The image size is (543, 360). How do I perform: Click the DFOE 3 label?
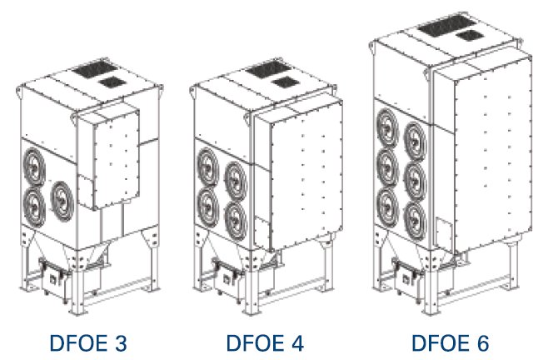pyautogui.click(x=88, y=343)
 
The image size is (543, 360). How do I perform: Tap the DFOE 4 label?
pyautogui.click(x=265, y=343)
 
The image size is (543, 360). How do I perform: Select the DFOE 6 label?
pyautogui.click(x=451, y=343)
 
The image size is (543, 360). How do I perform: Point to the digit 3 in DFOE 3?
pyautogui.click(x=121, y=343)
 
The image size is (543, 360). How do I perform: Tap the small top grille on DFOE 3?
pyautogui.click(x=112, y=82)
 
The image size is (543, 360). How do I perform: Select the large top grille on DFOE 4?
pyautogui.click(x=269, y=70)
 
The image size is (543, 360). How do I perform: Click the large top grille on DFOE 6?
pyautogui.click(x=446, y=25)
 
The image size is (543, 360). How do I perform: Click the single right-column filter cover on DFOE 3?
pyautogui.click(x=62, y=202)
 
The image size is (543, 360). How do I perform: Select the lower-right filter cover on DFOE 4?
pyautogui.click(x=236, y=219)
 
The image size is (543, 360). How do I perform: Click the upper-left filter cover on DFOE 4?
pyautogui.click(x=207, y=167)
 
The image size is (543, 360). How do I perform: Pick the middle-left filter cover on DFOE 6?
pyautogui.click(x=388, y=167)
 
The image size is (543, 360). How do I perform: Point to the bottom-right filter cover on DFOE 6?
pyautogui.click(x=416, y=220)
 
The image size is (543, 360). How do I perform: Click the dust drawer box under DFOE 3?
pyautogui.click(x=54, y=277)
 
